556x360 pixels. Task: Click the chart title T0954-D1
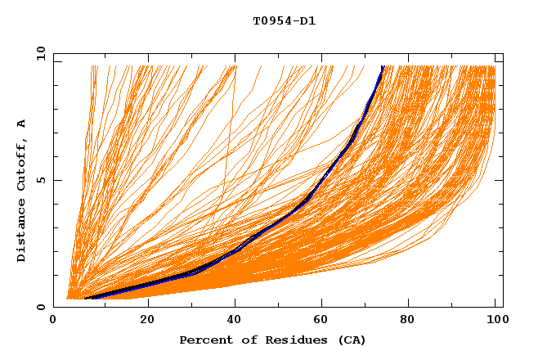click(x=284, y=21)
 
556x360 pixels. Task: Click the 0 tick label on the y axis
click(x=40, y=307)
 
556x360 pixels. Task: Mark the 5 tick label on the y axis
click(x=40, y=180)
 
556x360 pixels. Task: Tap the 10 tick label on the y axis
click(x=37, y=53)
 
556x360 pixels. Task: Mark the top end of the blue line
click(x=383, y=67)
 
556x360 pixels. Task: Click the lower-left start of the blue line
click(x=86, y=299)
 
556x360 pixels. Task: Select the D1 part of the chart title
click(x=307, y=21)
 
